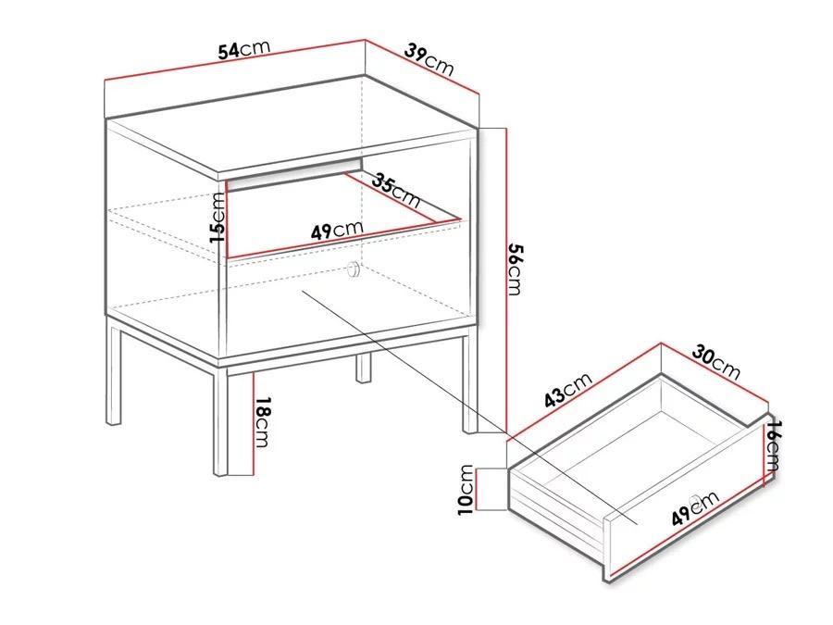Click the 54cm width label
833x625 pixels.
(244, 49)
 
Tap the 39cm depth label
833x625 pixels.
(429, 59)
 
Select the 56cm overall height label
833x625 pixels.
(516, 269)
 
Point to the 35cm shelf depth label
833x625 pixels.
(396, 190)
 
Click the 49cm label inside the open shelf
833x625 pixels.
(337, 231)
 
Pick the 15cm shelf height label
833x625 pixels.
(218, 218)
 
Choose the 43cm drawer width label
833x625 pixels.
(568, 390)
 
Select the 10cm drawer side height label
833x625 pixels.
(466, 490)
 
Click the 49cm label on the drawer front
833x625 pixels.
(695, 507)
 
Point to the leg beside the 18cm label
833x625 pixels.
(220, 419)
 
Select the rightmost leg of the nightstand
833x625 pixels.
(470, 383)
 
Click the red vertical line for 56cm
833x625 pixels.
(507, 280)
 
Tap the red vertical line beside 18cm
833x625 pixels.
(254, 423)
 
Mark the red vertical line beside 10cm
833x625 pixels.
(478, 490)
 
